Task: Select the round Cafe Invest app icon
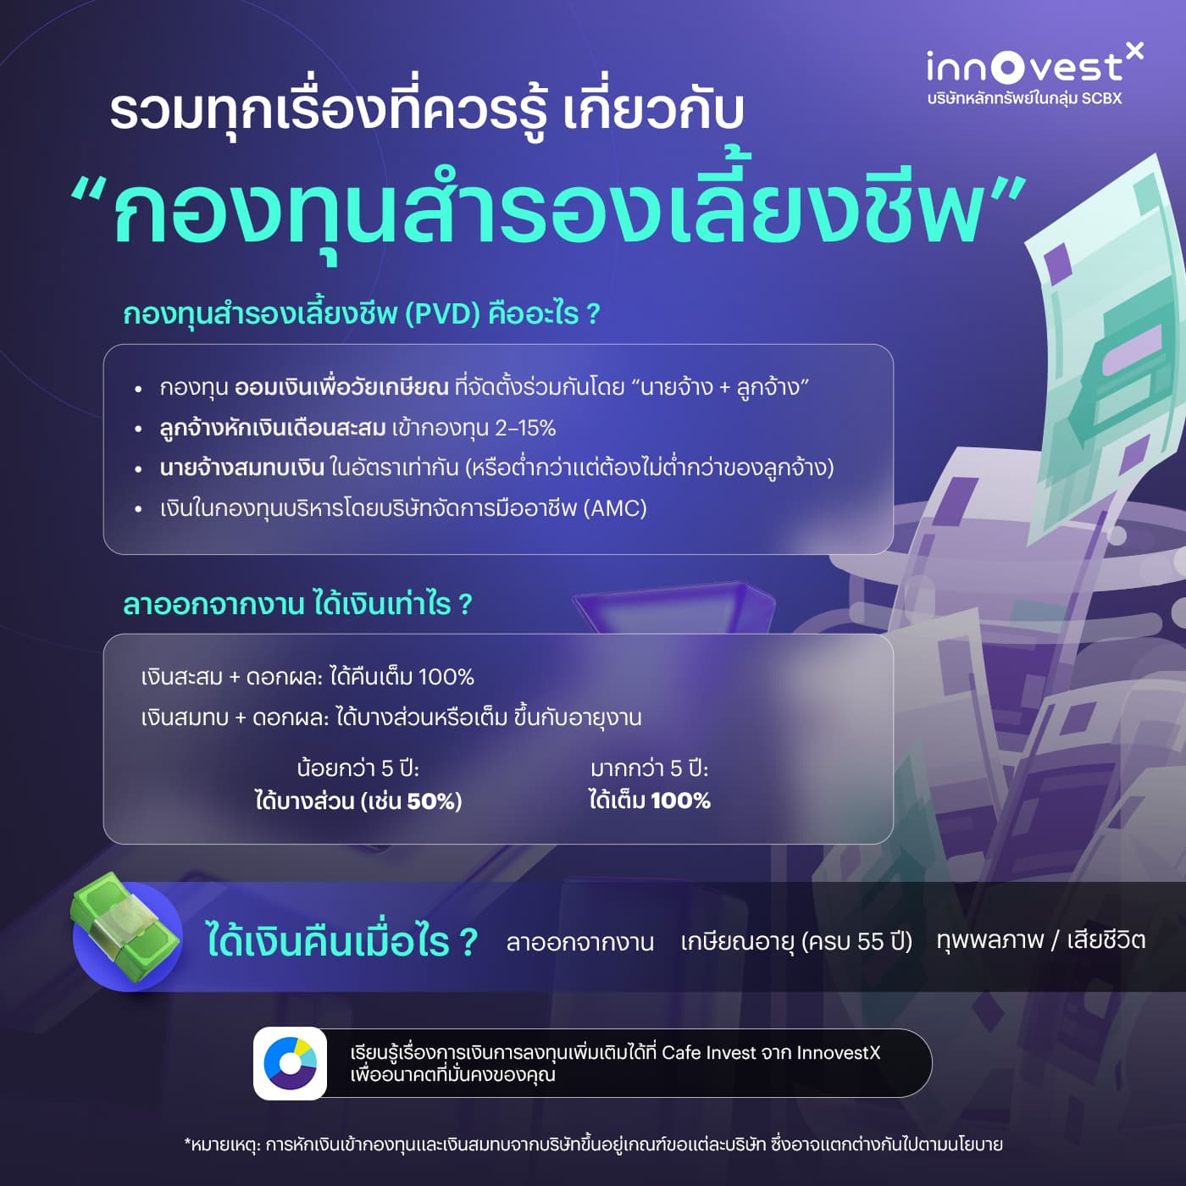tap(290, 1063)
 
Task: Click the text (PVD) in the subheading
tap(442, 314)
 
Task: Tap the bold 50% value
tap(435, 801)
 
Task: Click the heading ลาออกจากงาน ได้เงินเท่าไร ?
tap(297, 605)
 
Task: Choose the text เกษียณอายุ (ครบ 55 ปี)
tap(796, 941)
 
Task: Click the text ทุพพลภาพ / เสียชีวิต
tap(1040, 940)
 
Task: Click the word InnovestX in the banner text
tap(838, 1053)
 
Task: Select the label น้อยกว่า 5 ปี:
tap(358, 768)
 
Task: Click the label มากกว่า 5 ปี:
tap(649, 768)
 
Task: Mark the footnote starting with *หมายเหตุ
tap(593, 1144)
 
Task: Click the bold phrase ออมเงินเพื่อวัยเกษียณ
tap(341, 388)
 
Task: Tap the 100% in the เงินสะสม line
tap(446, 677)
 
